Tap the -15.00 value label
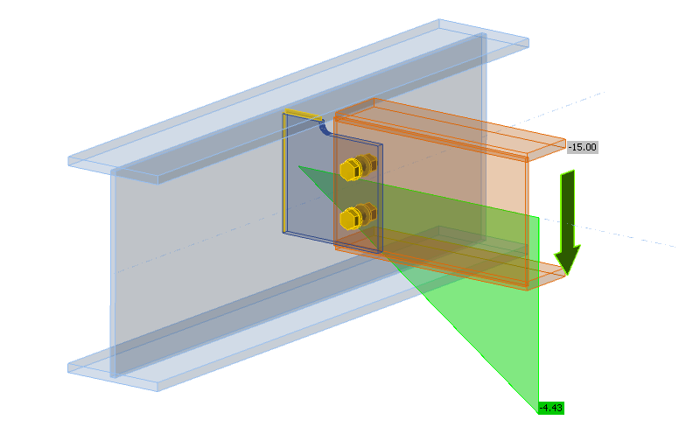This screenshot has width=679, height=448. pyautogui.click(x=582, y=147)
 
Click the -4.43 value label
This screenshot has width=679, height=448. pyautogui.click(x=551, y=408)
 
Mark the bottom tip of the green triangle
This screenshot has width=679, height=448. pyautogui.click(x=537, y=408)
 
